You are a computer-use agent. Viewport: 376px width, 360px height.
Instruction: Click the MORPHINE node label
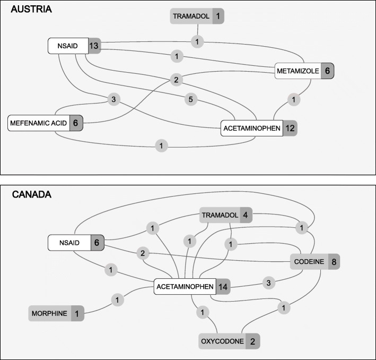tap(49, 313)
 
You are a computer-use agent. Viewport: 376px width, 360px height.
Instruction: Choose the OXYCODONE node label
tap(221, 340)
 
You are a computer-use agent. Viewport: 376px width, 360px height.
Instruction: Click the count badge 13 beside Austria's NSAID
tap(94, 46)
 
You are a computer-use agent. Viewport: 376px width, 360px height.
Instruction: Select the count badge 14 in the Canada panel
tap(222, 287)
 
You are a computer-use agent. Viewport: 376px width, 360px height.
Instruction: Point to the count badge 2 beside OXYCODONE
tap(252, 340)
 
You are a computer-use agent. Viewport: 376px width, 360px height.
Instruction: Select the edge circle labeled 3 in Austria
tap(112, 99)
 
